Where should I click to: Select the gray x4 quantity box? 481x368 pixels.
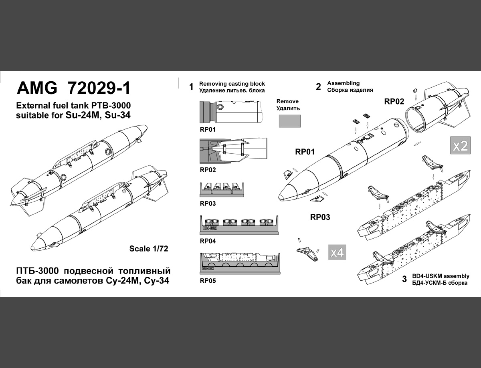click(337, 252)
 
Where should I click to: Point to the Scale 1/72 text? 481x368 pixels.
click(148, 249)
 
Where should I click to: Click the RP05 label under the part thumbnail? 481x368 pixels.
click(208, 281)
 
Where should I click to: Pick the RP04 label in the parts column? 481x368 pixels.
click(208, 241)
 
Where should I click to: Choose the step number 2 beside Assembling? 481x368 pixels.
click(319, 86)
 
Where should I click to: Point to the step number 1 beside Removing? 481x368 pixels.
click(192, 86)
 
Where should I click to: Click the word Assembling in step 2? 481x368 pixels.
click(344, 83)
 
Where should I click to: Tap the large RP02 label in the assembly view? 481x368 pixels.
click(394, 101)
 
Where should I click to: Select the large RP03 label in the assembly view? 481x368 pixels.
click(320, 217)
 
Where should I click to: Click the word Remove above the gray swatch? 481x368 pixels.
click(287, 101)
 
